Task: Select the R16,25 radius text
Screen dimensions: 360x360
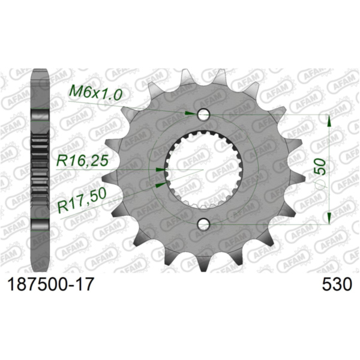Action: [x=83, y=161]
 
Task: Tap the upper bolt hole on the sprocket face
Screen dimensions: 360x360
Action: [x=203, y=114]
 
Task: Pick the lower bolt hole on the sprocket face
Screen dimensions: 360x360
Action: [x=203, y=224]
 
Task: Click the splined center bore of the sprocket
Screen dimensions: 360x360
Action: [x=203, y=169]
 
